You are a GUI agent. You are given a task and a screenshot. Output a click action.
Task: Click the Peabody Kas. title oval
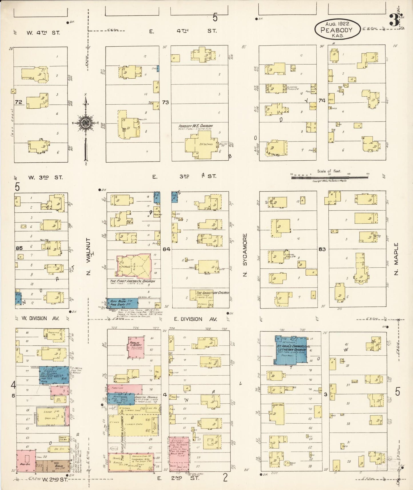[x=337, y=29]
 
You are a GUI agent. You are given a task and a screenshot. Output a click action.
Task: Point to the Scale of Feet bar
[x=330, y=177]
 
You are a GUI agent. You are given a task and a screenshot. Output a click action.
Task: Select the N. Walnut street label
[x=88, y=256]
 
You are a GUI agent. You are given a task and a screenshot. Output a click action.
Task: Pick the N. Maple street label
[x=396, y=259]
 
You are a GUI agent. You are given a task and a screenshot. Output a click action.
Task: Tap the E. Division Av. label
[x=196, y=319]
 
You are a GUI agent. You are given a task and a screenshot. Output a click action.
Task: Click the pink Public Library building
[x=136, y=347]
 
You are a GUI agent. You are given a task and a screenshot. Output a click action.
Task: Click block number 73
[x=165, y=102]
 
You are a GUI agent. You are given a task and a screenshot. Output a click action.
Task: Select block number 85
[x=19, y=248]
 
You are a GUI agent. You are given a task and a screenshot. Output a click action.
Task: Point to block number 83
[x=322, y=249]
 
